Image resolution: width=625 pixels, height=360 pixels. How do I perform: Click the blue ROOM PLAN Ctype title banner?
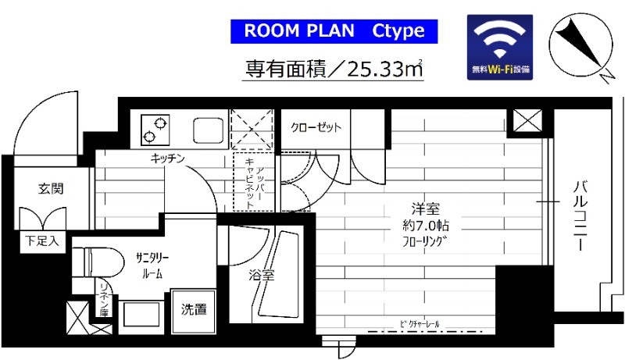(x=334, y=31)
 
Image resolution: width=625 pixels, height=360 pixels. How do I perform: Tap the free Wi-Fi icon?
(x=501, y=48)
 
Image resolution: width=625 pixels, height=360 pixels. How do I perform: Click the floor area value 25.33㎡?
(x=384, y=68)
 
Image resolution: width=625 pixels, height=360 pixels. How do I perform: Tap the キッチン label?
(x=168, y=159)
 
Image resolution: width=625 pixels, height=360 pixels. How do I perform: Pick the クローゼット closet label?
(x=316, y=127)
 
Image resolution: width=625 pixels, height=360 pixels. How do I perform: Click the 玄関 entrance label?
(x=51, y=188)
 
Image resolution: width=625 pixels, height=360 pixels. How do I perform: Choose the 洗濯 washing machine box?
(x=195, y=309)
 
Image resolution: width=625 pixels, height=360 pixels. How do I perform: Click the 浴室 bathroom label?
(x=262, y=275)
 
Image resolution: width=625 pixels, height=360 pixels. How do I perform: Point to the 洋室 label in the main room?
(x=426, y=209)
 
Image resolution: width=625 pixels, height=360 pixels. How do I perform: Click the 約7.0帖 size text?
(x=427, y=225)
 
